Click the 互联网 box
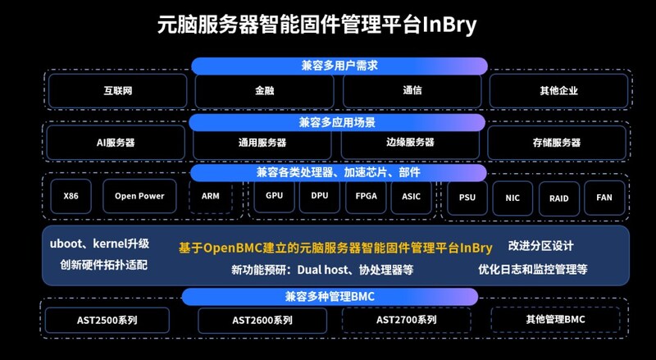click(117, 90)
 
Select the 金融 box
click(264, 90)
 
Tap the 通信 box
click(412, 90)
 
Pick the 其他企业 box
click(558, 90)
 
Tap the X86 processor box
click(71, 196)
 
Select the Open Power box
click(139, 196)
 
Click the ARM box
click(211, 196)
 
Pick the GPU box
click(274, 196)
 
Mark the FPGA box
click(366, 196)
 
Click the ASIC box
click(412, 196)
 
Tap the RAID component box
click(558, 198)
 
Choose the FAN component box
click(604, 198)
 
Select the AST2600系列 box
click(261, 320)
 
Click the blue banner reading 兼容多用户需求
click(338, 66)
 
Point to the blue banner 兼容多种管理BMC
click(330, 296)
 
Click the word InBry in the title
click(449, 25)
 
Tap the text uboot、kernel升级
click(99, 244)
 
